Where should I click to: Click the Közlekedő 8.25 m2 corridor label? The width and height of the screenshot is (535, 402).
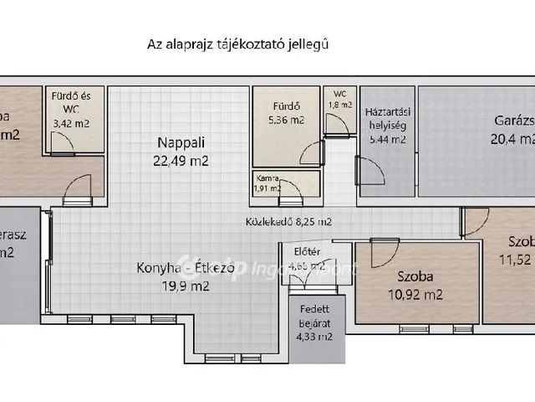tap(288, 223)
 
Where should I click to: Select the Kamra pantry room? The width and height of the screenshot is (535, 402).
tap(267, 183)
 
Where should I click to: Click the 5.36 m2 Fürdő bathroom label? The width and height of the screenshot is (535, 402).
tap(286, 120)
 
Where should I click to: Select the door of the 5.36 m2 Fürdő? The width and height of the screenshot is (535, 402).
tap(312, 154)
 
